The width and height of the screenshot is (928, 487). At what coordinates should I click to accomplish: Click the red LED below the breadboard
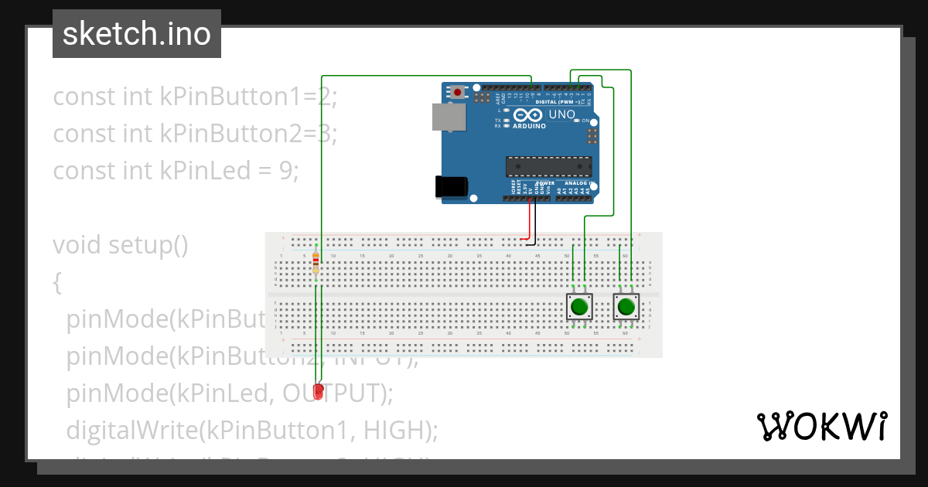tap(318, 393)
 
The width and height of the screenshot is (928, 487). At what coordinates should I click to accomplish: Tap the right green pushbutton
tap(626, 308)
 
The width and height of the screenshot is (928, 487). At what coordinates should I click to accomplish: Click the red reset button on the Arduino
tap(458, 92)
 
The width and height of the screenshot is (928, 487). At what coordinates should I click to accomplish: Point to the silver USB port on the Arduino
tap(449, 117)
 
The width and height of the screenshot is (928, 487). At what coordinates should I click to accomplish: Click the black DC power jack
tap(450, 186)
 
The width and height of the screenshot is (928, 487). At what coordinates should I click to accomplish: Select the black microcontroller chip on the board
tap(548, 166)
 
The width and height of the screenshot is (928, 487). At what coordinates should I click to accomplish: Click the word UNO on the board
tap(561, 115)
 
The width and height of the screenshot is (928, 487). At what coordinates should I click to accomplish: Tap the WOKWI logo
tap(821, 426)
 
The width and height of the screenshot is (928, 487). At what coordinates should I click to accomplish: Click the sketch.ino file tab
tap(137, 34)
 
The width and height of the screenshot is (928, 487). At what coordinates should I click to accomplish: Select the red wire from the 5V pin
tap(530, 220)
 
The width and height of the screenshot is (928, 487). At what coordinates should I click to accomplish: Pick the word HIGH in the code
tap(391, 428)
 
